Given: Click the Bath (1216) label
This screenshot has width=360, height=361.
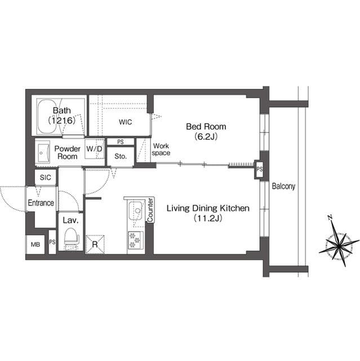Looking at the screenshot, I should click(61, 115).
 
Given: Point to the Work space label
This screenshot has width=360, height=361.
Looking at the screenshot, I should click(161, 149).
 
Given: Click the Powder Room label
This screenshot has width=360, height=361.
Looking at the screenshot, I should click(67, 152).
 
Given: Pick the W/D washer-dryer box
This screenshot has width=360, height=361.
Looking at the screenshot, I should click(95, 149).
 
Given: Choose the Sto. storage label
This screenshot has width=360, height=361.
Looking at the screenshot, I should click(120, 156).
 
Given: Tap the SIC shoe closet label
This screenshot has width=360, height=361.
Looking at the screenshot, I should click(46, 177).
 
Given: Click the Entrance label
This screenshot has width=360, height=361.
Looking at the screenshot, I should click(41, 203).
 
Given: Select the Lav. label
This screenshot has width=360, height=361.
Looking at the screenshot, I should click(70, 220).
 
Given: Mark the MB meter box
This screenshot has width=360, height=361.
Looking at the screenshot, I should click(35, 244).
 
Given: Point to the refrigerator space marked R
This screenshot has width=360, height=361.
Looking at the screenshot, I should click(95, 244).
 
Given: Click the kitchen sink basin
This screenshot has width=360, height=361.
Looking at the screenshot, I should click(136, 212).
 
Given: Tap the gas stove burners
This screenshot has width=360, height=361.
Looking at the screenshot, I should click(136, 240).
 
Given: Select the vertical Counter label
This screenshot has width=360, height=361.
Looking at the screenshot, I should click(150, 210).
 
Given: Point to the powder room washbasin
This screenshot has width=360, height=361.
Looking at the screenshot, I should click(43, 152).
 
